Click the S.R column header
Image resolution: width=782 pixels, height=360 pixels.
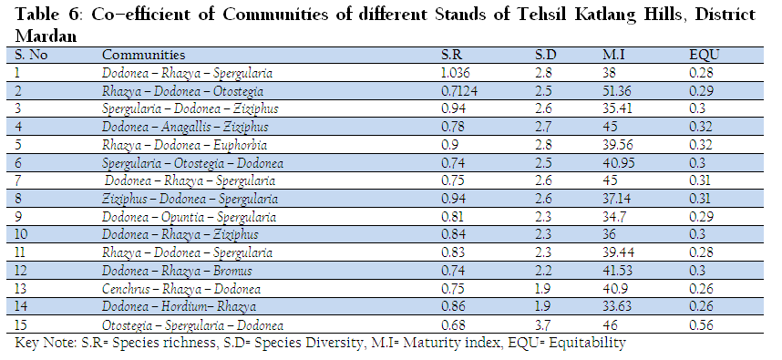pos(452,55)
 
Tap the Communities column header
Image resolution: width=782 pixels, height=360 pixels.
pos(144,55)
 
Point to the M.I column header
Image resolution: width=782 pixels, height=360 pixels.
pos(613,55)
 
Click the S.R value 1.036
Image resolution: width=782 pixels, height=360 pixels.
pos(456,73)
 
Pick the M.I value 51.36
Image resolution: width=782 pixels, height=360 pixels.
pos(617,91)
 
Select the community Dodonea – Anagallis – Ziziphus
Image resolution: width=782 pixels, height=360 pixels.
pos(185,128)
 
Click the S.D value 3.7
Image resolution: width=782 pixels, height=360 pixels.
pos(542,325)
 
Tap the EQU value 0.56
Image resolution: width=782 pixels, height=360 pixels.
pos(701,325)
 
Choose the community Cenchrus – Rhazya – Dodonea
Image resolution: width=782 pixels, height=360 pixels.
pos(181,289)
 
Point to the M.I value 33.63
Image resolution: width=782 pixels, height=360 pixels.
pos(616,307)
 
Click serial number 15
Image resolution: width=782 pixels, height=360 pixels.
pos(20,325)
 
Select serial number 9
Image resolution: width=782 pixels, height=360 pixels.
pos(18,217)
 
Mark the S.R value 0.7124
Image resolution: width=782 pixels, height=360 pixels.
pos(459,91)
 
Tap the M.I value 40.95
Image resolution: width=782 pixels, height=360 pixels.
pos(619,163)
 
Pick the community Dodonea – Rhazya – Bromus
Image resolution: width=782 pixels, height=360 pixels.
pos(177,272)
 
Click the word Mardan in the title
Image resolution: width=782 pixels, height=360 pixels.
pos(46,36)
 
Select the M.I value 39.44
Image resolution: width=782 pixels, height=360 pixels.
pos(619,252)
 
